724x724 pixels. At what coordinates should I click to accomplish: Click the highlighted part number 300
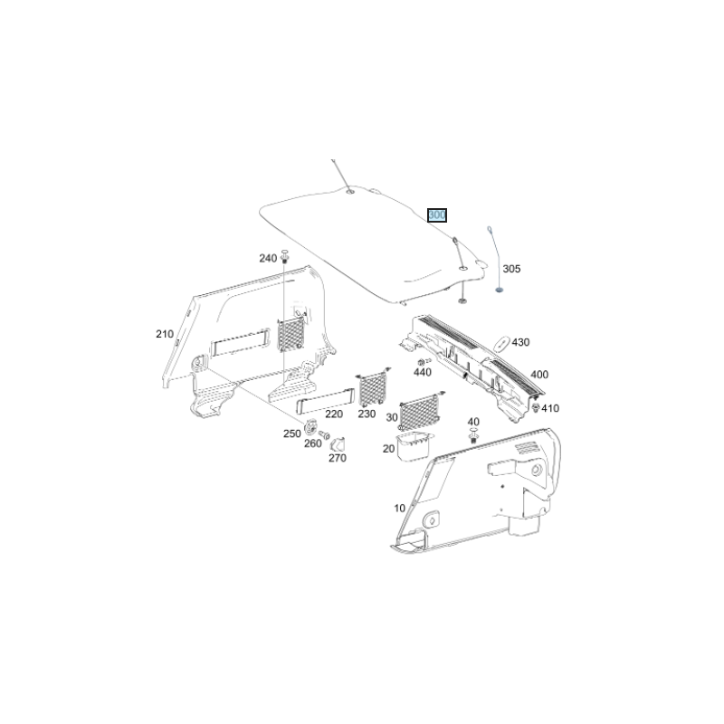pyautogui.click(x=437, y=215)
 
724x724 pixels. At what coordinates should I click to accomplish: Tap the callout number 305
pyautogui.click(x=511, y=269)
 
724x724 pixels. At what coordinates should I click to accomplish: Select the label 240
pyautogui.click(x=268, y=258)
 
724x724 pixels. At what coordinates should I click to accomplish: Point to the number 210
pyautogui.click(x=165, y=334)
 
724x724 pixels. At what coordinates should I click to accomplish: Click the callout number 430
pyautogui.click(x=520, y=342)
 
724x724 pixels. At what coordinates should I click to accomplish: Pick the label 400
pyautogui.click(x=539, y=375)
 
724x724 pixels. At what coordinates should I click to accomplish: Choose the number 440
pyautogui.click(x=423, y=372)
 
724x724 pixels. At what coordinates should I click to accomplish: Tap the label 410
pyautogui.click(x=550, y=408)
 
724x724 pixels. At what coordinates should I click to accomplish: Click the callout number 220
pyautogui.click(x=334, y=414)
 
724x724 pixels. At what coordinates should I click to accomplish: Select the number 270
pyautogui.click(x=338, y=458)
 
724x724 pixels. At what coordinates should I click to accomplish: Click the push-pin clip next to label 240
pyautogui.click(x=284, y=256)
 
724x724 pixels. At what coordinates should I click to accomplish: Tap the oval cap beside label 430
pyautogui.click(x=501, y=343)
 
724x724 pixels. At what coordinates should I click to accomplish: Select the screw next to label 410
pyautogui.click(x=536, y=407)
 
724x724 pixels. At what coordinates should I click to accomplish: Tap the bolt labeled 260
pyautogui.click(x=324, y=434)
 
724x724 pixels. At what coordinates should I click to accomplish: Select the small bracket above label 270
pyautogui.click(x=338, y=443)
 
